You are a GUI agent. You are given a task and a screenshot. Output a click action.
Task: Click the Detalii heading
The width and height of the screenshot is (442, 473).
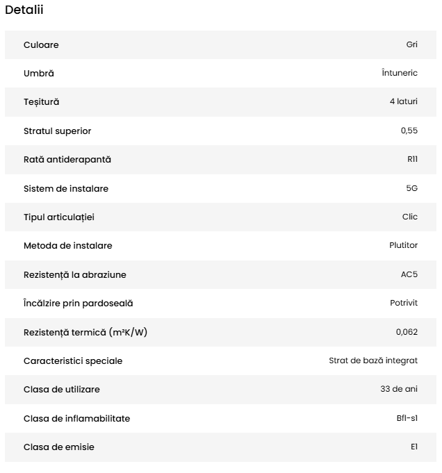pos(24,10)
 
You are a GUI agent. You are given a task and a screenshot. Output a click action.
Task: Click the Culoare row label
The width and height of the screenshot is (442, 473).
pos(41,45)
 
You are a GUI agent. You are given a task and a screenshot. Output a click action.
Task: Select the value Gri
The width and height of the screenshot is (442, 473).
pos(411,45)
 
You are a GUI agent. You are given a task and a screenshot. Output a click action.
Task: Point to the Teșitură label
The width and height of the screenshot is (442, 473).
pos(42,102)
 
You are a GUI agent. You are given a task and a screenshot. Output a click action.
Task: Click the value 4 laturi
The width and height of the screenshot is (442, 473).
pos(403,102)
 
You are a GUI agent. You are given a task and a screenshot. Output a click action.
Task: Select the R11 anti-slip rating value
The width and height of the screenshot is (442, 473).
pos(412,159)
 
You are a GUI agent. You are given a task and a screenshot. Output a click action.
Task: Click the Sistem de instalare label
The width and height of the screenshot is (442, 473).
pos(66,188)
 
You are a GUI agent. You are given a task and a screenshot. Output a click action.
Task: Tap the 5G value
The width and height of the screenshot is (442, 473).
pos(411,188)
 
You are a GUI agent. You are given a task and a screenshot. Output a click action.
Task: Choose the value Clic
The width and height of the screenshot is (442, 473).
pos(410,217)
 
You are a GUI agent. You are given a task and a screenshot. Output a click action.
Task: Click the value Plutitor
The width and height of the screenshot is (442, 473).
pos(403,245)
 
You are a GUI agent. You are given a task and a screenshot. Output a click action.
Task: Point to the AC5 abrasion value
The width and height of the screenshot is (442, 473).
pos(409,274)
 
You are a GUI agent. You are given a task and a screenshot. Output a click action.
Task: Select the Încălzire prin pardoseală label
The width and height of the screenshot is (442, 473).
pos(78,303)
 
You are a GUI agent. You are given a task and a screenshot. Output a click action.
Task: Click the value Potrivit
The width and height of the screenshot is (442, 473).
pos(404,303)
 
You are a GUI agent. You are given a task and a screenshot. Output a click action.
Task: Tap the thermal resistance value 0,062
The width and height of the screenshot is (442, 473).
pos(407,332)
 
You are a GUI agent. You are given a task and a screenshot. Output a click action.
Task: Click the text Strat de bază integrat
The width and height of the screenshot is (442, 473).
pos(373,360)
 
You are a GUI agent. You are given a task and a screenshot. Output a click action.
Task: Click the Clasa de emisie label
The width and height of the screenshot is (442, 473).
pos(59,447)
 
